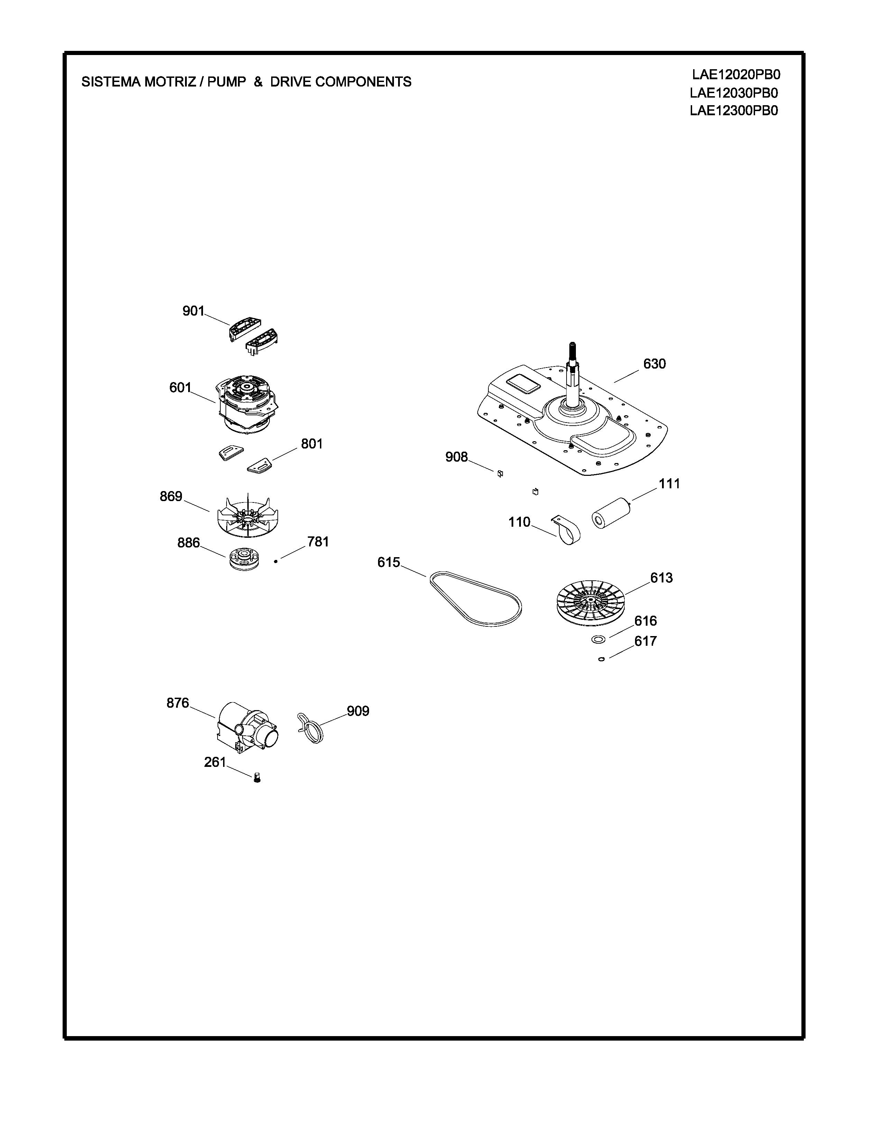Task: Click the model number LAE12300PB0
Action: pos(734,110)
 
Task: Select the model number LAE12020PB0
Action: pos(736,74)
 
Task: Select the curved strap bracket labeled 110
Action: pos(567,531)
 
